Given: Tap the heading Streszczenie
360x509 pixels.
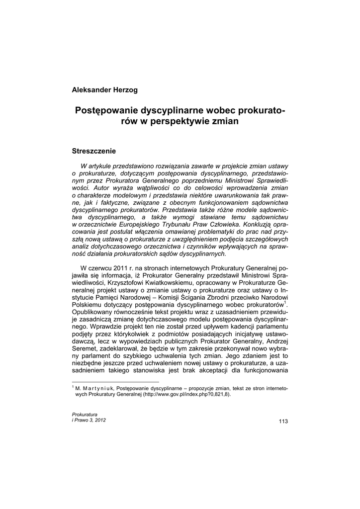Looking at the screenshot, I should click(94, 150).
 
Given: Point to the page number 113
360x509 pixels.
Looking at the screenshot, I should click(283, 422).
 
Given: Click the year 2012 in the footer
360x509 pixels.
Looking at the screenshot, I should click(99, 420).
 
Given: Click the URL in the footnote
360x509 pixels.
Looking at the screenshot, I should click(187, 395).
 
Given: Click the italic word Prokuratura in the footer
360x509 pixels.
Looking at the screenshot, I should click(85, 414).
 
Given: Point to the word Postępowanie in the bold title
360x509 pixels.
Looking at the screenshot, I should click(107, 109).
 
